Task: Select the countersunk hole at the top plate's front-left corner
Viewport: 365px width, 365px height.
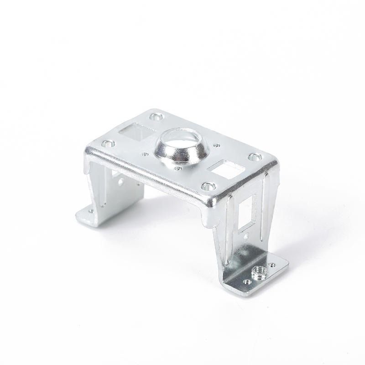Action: click(108, 144)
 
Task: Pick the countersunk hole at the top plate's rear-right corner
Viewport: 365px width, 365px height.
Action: click(254, 157)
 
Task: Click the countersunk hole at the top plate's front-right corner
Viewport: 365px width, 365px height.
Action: click(208, 186)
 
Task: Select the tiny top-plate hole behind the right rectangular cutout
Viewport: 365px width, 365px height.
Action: click(216, 146)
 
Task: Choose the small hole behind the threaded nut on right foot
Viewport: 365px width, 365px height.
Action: click(272, 265)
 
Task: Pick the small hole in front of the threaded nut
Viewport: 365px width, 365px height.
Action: click(247, 282)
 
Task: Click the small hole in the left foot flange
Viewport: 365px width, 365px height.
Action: click(90, 211)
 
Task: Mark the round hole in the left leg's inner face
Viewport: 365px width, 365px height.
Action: click(121, 181)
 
